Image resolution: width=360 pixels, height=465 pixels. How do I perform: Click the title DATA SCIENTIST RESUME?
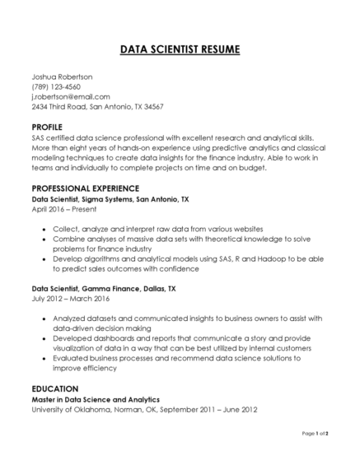click(180, 49)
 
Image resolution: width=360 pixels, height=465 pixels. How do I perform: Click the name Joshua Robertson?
click(62, 77)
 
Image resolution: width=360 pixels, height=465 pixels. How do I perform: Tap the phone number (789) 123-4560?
click(56, 86)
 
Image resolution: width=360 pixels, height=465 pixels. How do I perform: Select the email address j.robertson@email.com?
click(71, 96)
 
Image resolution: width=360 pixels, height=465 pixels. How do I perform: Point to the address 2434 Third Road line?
click(97, 106)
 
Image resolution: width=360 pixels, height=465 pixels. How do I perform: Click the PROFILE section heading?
click(47, 128)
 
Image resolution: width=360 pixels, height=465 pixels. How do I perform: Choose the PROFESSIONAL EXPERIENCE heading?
click(85, 188)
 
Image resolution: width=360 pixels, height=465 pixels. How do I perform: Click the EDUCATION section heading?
click(54, 388)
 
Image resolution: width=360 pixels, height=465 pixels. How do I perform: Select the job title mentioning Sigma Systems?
click(110, 199)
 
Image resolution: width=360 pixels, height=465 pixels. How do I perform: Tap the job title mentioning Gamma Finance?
click(103, 290)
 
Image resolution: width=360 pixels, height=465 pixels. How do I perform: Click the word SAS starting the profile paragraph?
click(39, 138)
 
